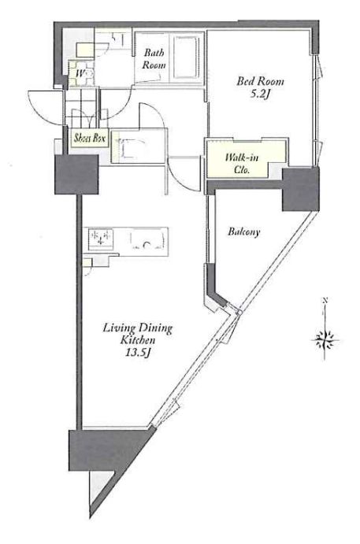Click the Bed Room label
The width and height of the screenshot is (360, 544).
point(260,82)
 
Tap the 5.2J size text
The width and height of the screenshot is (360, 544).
point(260,94)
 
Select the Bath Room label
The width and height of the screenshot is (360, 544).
point(154,58)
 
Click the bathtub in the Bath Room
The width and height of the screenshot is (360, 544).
point(187,57)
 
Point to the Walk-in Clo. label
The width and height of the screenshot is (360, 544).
point(242,164)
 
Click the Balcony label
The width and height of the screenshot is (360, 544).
point(243,231)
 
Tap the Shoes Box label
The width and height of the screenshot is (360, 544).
point(90,138)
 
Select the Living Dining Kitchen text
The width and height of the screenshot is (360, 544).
point(138,334)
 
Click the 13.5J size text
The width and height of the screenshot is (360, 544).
point(138,353)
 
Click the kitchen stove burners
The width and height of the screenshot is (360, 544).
point(101,239)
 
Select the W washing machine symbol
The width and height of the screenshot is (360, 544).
point(81,73)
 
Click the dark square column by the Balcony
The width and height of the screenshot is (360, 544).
point(300,190)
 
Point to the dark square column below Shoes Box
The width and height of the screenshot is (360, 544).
point(76,174)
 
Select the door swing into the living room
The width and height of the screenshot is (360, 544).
point(182,173)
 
